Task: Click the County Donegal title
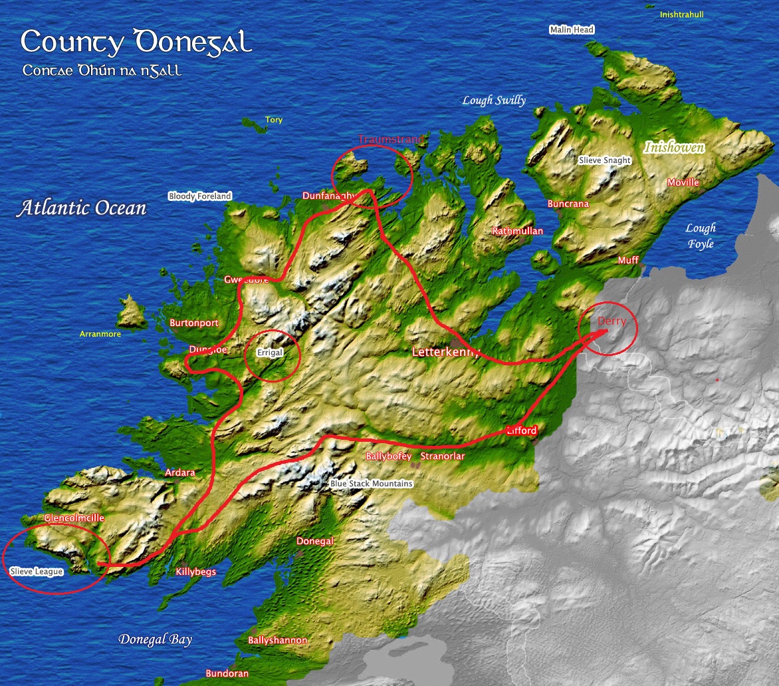click(136, 43)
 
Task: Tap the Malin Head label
click(572, 30)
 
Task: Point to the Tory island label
click(274, 120)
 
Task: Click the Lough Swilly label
click(494, 100)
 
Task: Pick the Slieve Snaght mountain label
click(604, 160)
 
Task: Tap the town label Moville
click(683, 182)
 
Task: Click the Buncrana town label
click(568, 204)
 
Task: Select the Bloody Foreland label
click(199, 196)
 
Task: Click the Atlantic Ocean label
click(82, 208)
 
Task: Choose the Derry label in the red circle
click(612, 321)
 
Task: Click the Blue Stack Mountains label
click(371, 484)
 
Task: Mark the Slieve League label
click(37, 572)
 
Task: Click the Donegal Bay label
click(155, 639)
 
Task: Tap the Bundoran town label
click(227, 673)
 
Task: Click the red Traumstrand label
click(391, 140)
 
